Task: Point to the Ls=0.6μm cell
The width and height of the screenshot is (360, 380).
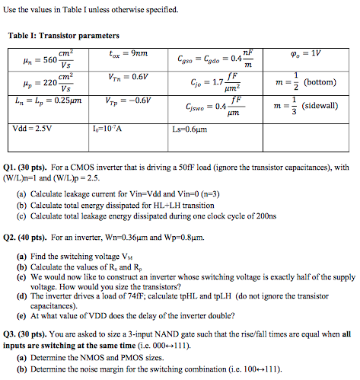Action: pyautogui.click(x=191, y=127)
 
